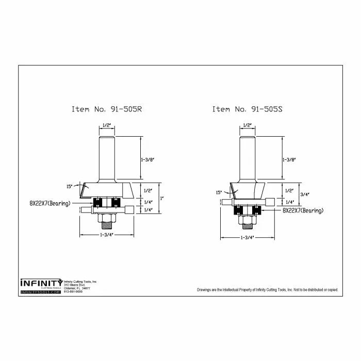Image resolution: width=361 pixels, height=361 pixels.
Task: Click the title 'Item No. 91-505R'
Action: (x=106, y=109)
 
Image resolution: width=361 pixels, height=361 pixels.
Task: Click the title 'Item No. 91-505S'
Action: (x=247, y=109)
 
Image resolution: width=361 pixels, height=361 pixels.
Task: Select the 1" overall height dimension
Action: (x=162, y=198)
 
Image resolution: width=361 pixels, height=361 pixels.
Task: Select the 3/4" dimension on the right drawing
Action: (x=303, y=194)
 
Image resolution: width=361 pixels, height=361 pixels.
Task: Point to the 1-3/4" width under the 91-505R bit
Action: (x=106, y=235)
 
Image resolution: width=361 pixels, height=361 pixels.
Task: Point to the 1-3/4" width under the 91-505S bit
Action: (x=248, y=238)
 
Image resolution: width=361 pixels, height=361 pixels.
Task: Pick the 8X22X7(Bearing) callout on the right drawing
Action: (x=303, y=210)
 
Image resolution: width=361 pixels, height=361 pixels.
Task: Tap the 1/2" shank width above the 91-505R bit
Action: (x=107, y=125)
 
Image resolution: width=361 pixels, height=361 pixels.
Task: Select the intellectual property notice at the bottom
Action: (x=267, y=290)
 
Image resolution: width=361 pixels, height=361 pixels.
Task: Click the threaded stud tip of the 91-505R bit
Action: (x=107, y=225)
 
